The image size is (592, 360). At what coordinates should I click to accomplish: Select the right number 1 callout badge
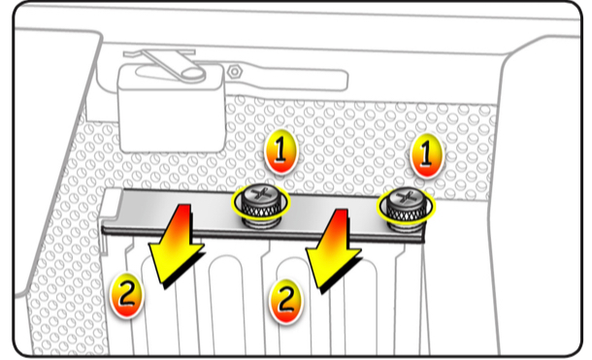[426, 154]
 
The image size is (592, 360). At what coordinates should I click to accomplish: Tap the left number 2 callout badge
[126, 294]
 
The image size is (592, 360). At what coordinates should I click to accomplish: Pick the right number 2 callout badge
[285, 301]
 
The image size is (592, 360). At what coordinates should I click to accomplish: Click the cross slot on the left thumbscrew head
[261, 194]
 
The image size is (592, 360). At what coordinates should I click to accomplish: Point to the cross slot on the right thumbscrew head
[407, 196]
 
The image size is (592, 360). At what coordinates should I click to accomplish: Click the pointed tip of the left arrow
[163, 283]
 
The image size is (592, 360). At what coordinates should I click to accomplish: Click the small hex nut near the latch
[235, 72]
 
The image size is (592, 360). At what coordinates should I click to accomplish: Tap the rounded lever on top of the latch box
[170, 67]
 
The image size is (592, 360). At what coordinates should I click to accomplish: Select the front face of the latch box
[172, 117]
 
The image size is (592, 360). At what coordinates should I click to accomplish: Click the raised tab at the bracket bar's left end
[113, 204]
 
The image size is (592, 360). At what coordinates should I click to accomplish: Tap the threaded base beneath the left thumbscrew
[261, 223]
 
